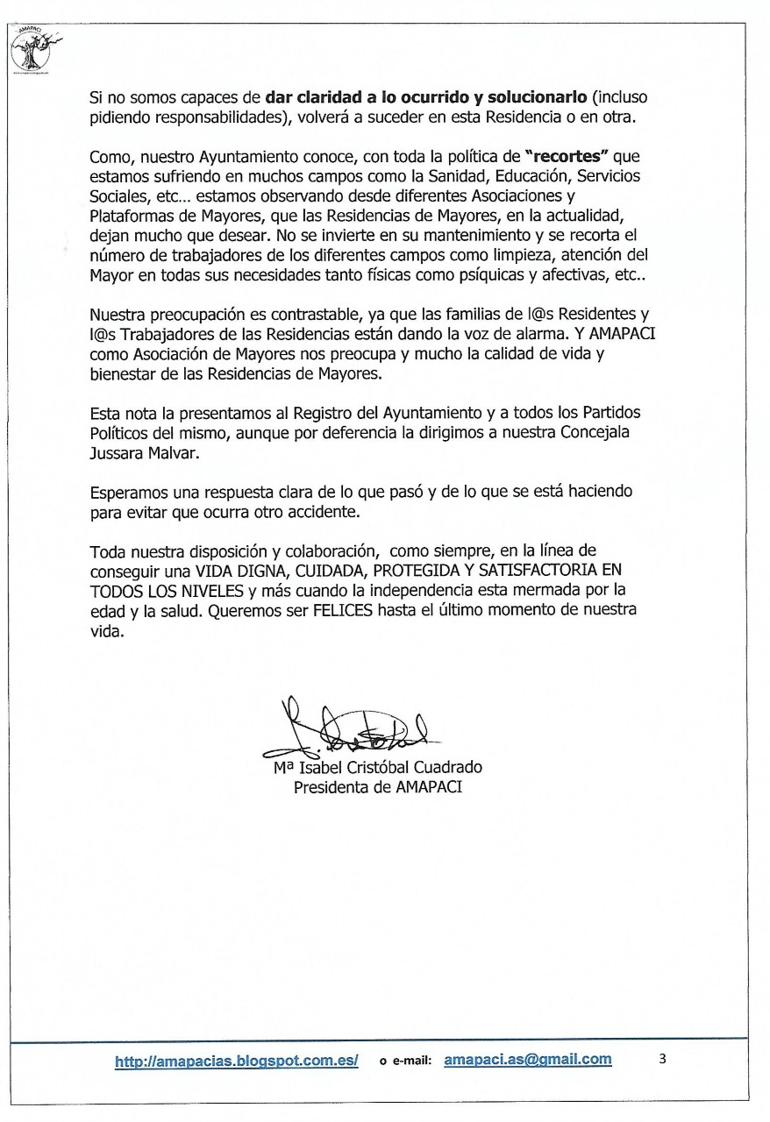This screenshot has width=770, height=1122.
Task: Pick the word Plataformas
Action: (x=129, y=216)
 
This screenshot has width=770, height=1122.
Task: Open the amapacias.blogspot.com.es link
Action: (x=237, y=1061)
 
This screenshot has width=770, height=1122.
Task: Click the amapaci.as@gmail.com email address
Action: (x=528, y=1059)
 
